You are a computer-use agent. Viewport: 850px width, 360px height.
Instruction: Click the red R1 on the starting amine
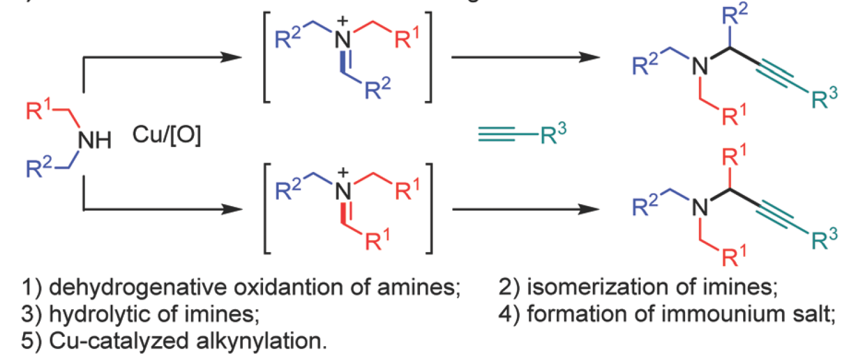40,110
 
